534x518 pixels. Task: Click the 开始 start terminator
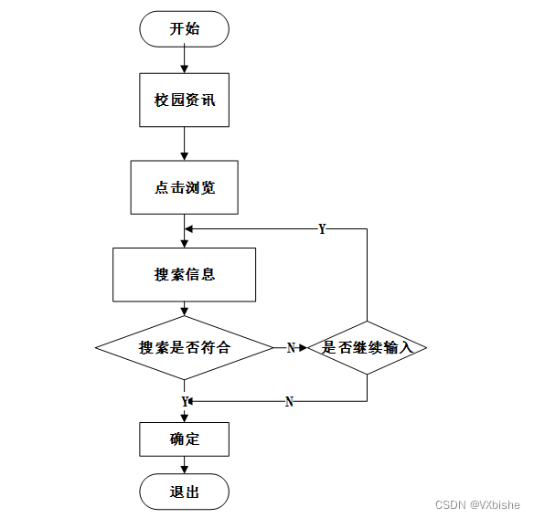click(x=184, y=29)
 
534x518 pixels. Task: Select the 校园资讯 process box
click(x=184, y=100)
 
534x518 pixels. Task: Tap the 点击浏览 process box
click(x=184, y=187)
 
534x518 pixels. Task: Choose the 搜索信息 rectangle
click(x=184, y=275)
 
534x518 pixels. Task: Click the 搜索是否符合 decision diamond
click(x=184, y=348)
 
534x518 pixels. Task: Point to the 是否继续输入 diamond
click(x=368, y=348)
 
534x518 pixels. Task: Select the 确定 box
click(x=184, y=439)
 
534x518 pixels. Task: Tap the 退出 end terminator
click(x=184, y=492)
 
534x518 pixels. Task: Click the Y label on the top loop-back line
click(x=322, y=229)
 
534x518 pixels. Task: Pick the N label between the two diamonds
click(x=291, y=348)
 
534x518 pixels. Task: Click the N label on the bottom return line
click(x=289, y=402)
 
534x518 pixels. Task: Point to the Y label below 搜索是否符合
click(x=185, y=402)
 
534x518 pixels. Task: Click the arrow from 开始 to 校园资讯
click(x=184, y=60)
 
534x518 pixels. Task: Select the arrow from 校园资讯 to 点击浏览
click(x=184, y=143)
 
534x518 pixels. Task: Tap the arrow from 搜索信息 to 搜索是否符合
click(x=184, y=309)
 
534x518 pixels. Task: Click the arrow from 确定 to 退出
click(x=184, y=465)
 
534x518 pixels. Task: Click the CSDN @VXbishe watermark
click(x=477, y=504)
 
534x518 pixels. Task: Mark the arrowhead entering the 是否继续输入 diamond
click(x=304, y=348)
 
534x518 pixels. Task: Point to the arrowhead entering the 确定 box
click(x=184, y=418)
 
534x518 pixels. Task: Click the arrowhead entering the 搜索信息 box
click(x=184, y=244)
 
